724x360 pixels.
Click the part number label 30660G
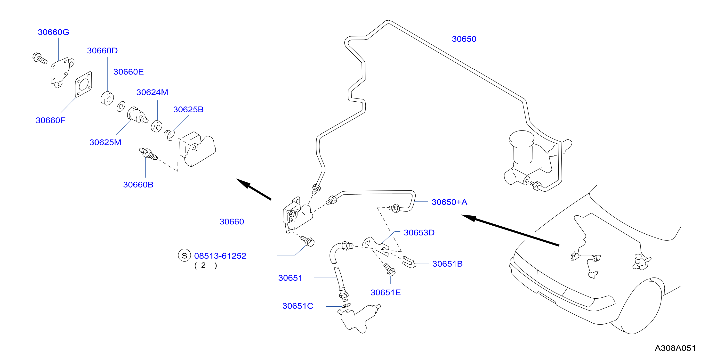tap(53, 32)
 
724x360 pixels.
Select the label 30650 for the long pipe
tap(464, 39)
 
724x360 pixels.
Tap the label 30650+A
tap(449, 202)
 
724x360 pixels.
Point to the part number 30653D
tap(419, 233)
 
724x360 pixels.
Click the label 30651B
tap(447, 264)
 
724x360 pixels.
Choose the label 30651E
tap(386, 293)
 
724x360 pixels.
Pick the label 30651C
tap(298, 306)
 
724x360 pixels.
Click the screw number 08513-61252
tap(220, 256)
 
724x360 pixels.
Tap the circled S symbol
tap(184, 255)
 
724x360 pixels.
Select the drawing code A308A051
tap(675, 348)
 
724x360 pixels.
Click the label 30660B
tap(138, 185)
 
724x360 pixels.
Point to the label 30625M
tap(105, 142)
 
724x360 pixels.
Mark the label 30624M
tap(152, 92)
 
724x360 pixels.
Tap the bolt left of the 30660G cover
tap(40, 58)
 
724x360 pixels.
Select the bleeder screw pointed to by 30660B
tap(148, 154)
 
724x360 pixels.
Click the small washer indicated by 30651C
tap(346, 305)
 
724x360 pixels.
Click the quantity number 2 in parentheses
tap(203, 265)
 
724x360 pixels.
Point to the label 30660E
tap(129, 72)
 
